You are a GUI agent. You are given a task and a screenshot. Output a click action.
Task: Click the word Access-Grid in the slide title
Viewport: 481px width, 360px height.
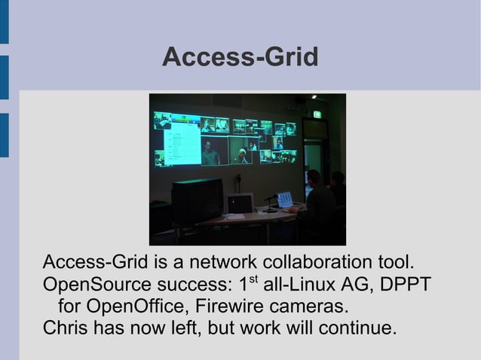click(x=240, y=57)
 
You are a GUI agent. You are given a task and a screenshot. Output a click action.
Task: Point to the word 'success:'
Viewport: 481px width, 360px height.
click(x=192, y=286)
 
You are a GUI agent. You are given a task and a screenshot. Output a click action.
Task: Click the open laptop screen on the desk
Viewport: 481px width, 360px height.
click(x=284, y=200)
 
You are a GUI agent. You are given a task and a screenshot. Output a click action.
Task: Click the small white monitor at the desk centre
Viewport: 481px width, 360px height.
click(x=240, y=203)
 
